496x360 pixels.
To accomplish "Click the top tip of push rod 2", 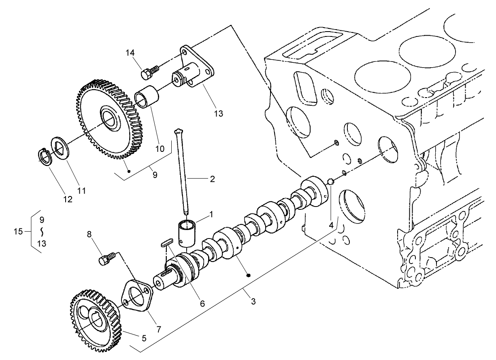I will [x=179, y=131].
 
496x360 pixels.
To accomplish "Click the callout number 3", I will [x=253, y=302].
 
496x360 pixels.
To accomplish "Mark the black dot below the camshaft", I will [x=249, y=275].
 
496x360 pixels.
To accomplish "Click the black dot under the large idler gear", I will [x=129, y=171].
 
